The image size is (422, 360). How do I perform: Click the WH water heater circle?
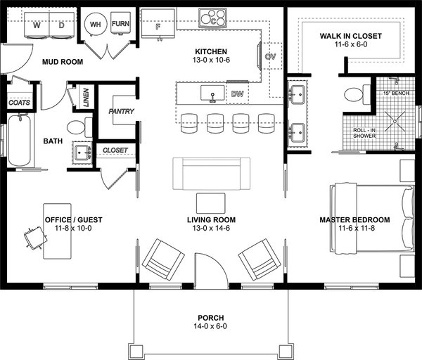pyautogui.click(x=94, y=25)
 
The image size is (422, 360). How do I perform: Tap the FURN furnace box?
pyautogui.click(x=120, y=24)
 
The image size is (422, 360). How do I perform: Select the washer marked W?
pyautogui.click(x=36, y=25)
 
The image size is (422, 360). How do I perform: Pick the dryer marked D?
pyautogui.click(x=61, y=25)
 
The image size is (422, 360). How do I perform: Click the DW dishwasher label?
pyautogui.click(x=236, y=93)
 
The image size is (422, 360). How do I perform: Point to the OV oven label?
pyautogui.click(x=270, y=56)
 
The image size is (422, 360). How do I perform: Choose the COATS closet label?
pyautogui.click(x=19, y=103)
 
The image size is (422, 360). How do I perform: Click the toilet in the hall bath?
pyautogui.click(x=78, y=128)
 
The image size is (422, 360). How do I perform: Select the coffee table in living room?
pyautogui.click(x=211, y=202)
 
